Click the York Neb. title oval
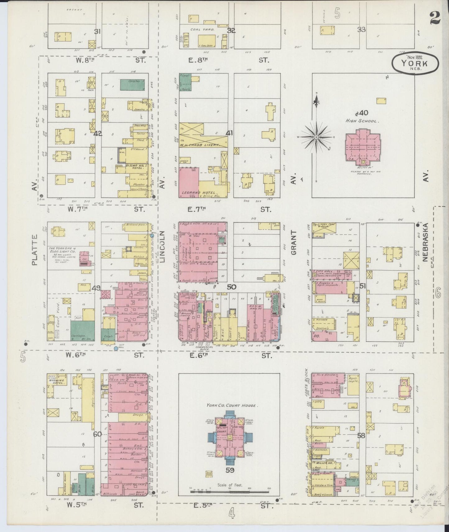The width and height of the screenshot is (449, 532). click(x=415, y=64)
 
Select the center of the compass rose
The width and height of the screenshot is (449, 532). click(x=316, y=137)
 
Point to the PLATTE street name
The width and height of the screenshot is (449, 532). click(x=34, y=254)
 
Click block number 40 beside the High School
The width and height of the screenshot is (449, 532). click(x=364, y=113)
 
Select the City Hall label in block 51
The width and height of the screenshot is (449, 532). click(x=323, y=271)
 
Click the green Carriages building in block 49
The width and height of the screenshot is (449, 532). click(x=82, y=331)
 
